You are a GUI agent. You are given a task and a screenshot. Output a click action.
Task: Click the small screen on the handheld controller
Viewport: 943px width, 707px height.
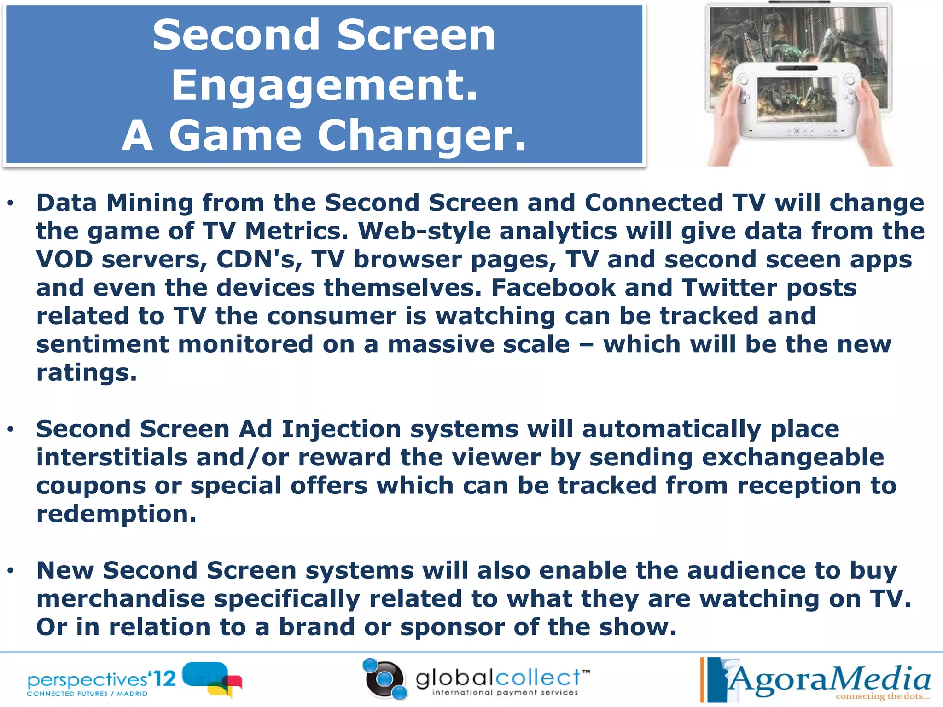point(797,99)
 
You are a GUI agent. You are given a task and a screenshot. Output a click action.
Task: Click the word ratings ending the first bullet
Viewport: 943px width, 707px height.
point(86,373)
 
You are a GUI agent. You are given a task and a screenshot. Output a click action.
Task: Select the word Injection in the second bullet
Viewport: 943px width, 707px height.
point(341,429)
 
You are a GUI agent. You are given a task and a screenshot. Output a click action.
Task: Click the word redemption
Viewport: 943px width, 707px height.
point(116,514)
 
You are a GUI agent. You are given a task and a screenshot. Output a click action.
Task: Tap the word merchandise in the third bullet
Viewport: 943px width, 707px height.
point(121,599)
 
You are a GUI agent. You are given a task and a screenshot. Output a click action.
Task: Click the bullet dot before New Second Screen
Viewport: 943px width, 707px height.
point(11,571)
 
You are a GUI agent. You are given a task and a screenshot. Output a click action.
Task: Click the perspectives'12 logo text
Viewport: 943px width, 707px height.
point(101,679)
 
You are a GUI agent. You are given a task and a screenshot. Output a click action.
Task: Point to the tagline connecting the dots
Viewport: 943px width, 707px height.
point(882,696)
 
